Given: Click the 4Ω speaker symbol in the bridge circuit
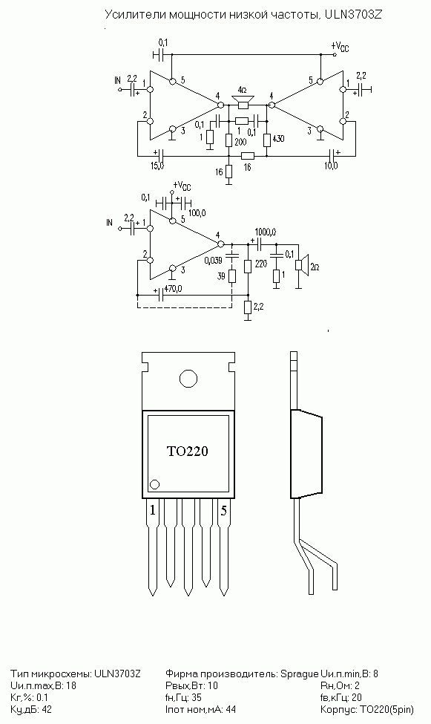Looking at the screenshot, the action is click(x=243, y=102).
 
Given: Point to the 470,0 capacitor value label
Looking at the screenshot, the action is click(x=173, y=289).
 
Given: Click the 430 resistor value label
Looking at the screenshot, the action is click(x=278, y=138).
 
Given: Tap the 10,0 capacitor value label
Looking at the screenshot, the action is click(x=330, y=166).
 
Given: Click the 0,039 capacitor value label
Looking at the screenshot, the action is click(x=213, y=261).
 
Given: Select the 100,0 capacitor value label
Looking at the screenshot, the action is click(x=197, y=212).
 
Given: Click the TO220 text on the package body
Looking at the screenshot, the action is click(x=187, y=451).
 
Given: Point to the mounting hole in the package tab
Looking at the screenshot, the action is click(x=188, y=379).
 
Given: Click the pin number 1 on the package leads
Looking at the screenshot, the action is click(x=153, y=510).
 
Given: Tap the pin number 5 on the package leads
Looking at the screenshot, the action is click(x=223, y=510).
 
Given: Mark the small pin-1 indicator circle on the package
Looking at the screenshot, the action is click(x=155, y=484).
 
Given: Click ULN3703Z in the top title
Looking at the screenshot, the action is click(x=353, y=14).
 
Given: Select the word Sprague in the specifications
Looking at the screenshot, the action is click(x=300, y=674).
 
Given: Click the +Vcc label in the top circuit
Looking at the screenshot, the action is click(x=340, y=46).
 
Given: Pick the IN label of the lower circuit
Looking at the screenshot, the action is click(x=109, y=223).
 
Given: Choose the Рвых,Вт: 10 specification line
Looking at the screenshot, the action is click(x=191, y=685).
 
